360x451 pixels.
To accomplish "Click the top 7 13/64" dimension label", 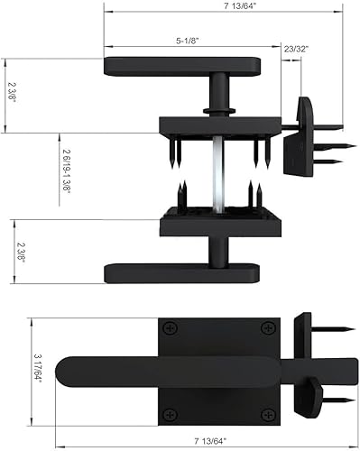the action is point(240,6).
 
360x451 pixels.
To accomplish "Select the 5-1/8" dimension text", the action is point(188,41).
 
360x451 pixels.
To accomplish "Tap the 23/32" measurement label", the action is point(296,49).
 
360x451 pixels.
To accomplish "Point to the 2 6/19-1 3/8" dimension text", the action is point(67,171).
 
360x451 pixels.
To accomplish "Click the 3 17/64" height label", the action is point(38,367).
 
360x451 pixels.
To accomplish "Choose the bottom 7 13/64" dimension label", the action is point(210,441).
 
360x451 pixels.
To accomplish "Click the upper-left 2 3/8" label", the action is point(12,92).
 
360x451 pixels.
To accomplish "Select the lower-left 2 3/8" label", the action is point(21,253).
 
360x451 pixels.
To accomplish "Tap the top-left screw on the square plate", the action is point(170,328).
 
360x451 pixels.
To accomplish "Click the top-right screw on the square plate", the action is point(268,328).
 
